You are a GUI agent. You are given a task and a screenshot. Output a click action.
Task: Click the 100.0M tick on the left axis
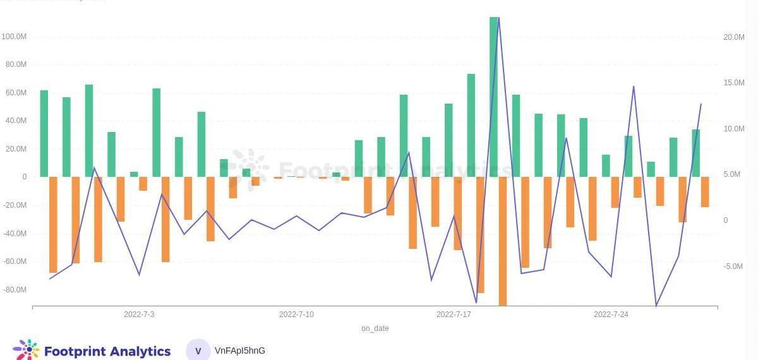[x=14, y=37]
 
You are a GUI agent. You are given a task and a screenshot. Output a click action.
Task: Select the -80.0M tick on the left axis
[x=15, y=290]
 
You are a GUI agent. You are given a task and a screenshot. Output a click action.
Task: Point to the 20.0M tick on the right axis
[x=733, y=37]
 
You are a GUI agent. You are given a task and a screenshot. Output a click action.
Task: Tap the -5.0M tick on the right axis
[x=733, y=267]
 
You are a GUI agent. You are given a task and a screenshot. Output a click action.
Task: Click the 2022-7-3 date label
[x=139, y=315]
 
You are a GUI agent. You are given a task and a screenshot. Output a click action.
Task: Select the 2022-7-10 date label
[x=296, y=315]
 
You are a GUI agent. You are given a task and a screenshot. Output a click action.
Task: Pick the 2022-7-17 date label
[x=454, y=315]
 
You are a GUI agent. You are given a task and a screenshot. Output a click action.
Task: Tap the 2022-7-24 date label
[x=611, y=315]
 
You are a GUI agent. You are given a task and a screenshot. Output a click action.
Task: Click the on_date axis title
[x=375, y=328]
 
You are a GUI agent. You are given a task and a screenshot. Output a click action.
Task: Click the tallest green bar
[x=494, y=95]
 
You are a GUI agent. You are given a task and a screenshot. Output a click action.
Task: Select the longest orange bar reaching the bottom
[x=503, y=240]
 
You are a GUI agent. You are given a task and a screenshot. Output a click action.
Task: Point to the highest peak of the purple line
[x=498, y=18]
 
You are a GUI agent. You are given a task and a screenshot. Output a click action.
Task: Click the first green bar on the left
[x=44, y=133]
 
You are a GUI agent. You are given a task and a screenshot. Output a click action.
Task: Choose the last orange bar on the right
[x=705, y=191]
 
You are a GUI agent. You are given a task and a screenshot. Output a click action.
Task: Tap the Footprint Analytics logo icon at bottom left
[x=26, y=350]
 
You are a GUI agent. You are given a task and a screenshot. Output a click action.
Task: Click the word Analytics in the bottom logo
[x=139, y=351]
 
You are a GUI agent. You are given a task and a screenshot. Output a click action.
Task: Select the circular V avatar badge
[x=198, y=351]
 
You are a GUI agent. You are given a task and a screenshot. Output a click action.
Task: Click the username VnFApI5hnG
[x=240, y=351]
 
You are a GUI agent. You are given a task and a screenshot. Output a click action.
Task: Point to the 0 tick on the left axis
[x=25, y=177]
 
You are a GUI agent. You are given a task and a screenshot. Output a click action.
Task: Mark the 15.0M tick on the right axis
[x=733, y=83]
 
